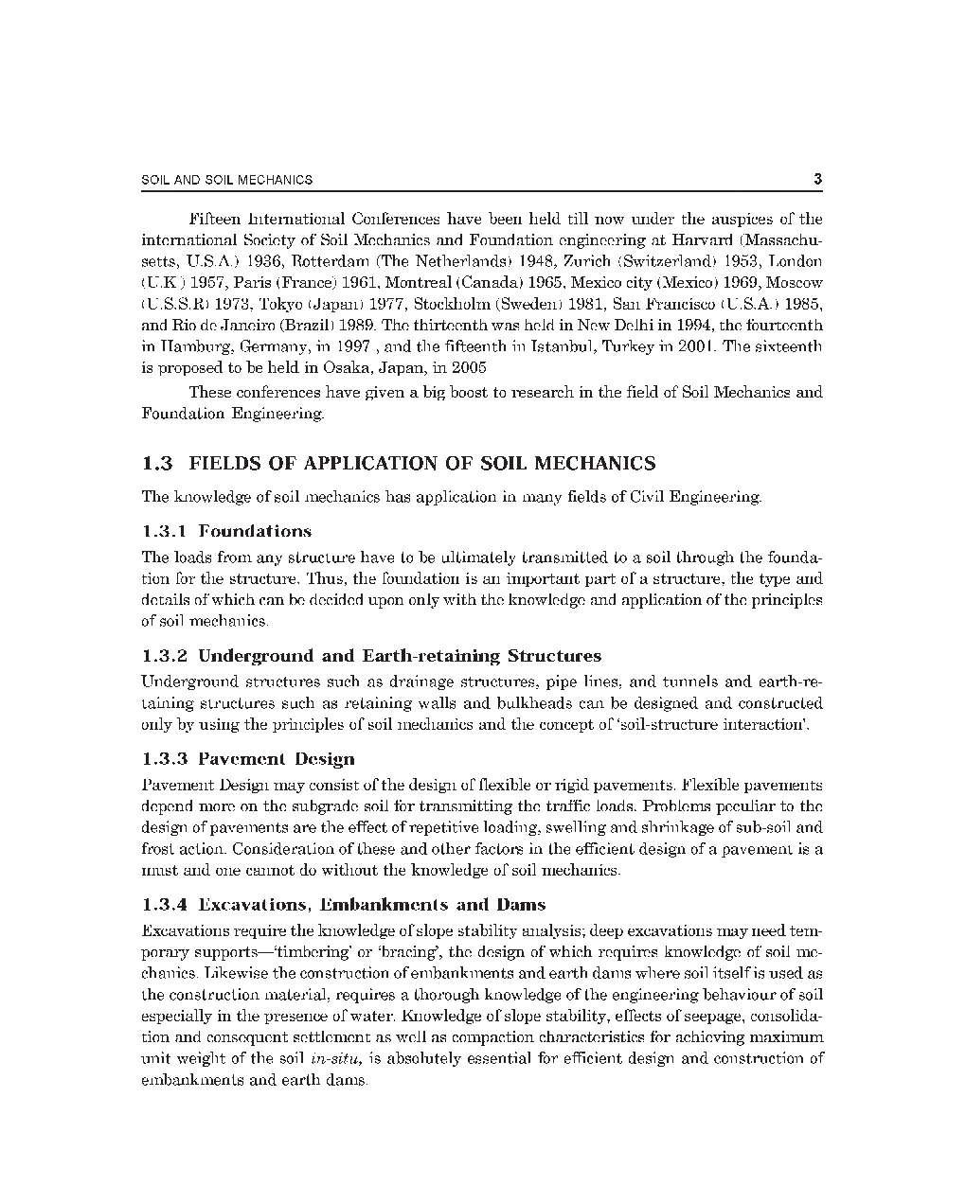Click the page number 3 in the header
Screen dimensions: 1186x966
pyautogui.click(x=817, y=180)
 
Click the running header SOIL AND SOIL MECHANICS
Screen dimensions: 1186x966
pyautogui.click(x=226, y=180)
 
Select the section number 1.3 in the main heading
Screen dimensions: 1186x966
pyautogui.click(x=157, y=464)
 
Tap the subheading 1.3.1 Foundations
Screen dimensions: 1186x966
pyautogui.click(x=226, y=531)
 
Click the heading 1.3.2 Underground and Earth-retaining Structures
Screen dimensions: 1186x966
pyautogui.click(x=371, y=656)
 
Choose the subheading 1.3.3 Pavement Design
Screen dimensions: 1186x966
pyautogui.click(x=248, y=759)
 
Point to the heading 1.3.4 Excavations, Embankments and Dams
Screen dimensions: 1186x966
pyautogui.click(x=344, y=905)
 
